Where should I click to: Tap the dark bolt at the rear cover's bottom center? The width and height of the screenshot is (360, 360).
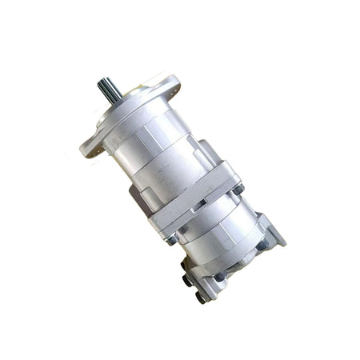coord(218,276)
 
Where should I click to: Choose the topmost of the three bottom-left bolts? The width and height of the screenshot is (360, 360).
coord(185,265)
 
